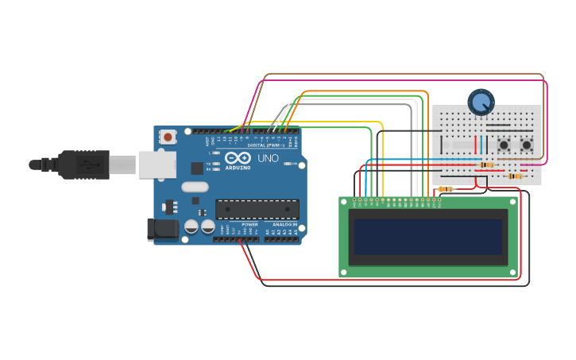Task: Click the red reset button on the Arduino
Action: (x=168, y=137)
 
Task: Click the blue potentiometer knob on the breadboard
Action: (x=481, y=102)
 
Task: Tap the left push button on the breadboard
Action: (x=504, y=145)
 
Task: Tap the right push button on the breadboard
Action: (x=527, y=145)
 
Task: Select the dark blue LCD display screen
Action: (x=428, y=237)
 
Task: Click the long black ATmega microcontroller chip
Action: (x=257, y=209)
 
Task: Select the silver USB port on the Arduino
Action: (x=157, y=165)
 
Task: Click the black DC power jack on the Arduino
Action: (x=163, y=229)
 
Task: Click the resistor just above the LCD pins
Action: (x=446, y=189)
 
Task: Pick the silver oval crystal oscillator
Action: (x=195, y=188)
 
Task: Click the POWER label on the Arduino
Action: (x=249, y=225)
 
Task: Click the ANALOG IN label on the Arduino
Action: (x=284, y=225)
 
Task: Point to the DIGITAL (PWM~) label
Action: (x=262, y=145)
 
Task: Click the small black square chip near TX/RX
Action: (x=196, y=168)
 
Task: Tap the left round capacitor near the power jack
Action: (x=191, y=226)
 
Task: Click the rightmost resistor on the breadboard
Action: (x=515, y=176)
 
